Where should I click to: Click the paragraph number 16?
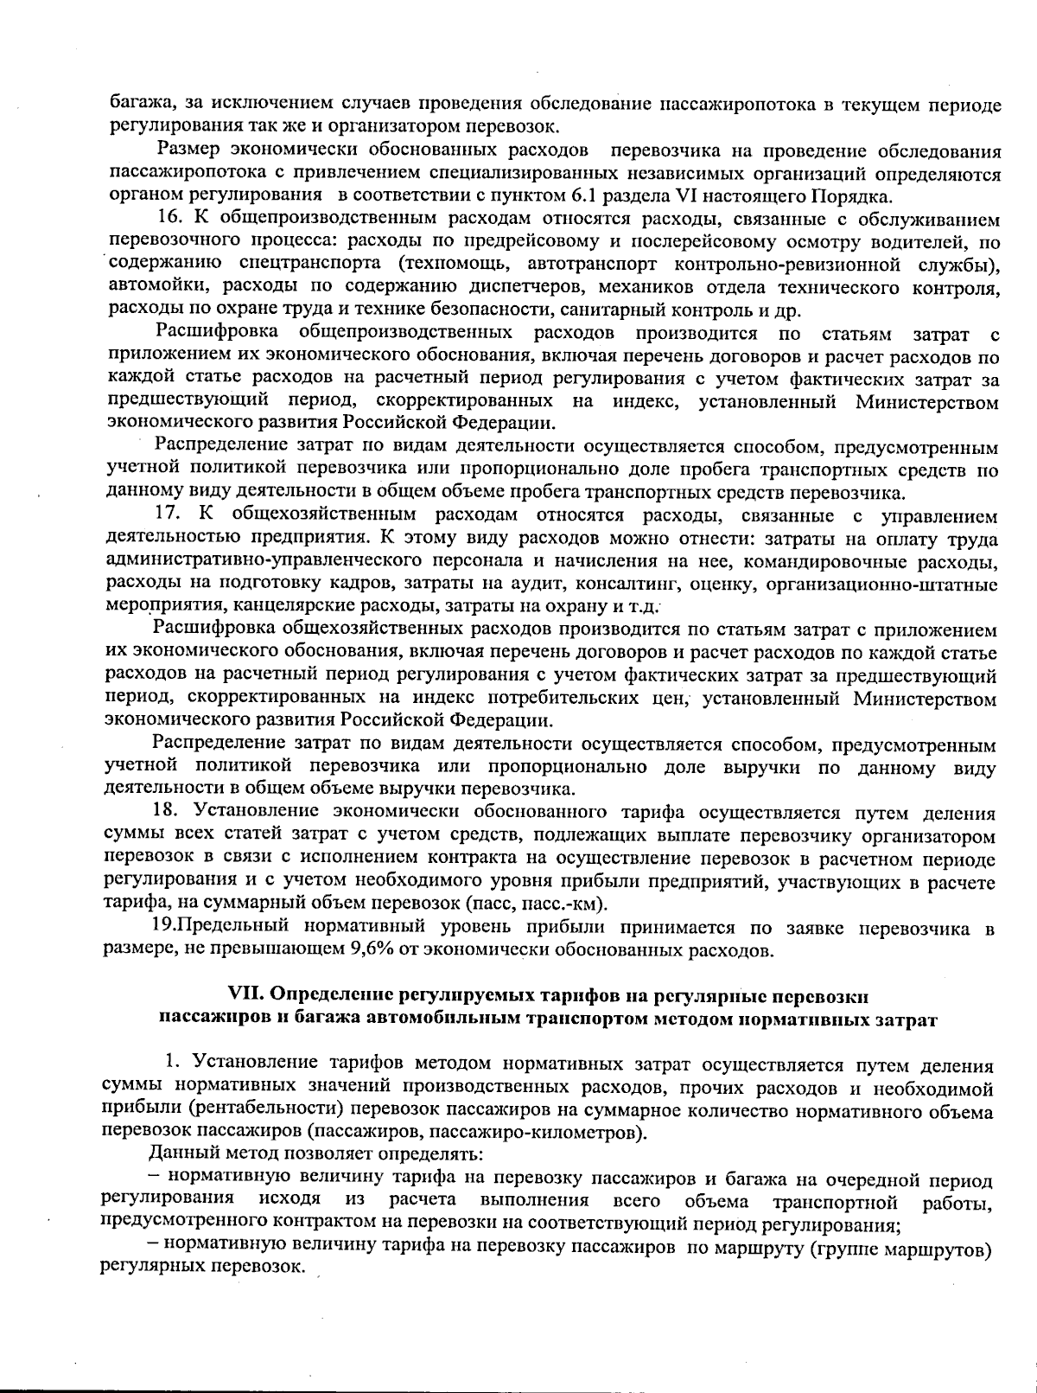pyautogui.click(x=169, y=217)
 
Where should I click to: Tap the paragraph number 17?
pyautogui.click(x=166, y=516)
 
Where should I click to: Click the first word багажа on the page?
pyautogui.click(x=139, y=104)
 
